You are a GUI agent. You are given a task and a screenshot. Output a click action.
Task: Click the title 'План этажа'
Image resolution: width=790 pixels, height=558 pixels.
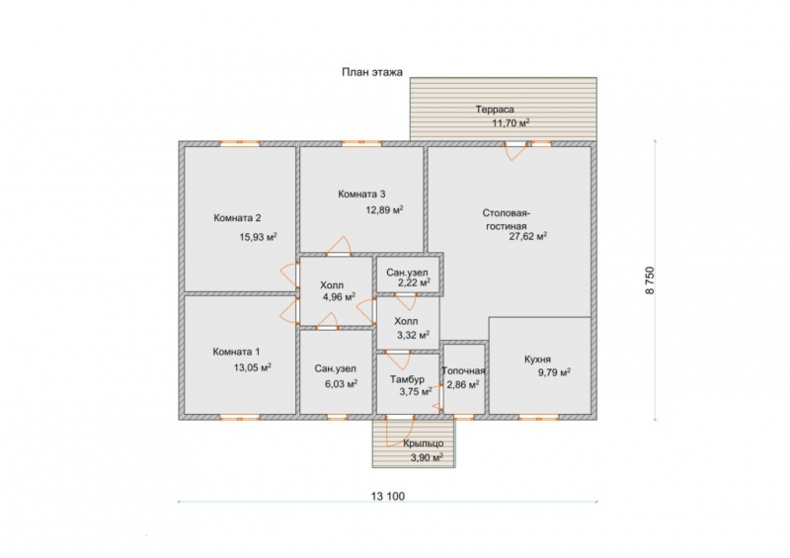(372, 72)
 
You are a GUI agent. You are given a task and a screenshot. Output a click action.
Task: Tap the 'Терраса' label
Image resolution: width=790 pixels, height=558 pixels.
(495, 110)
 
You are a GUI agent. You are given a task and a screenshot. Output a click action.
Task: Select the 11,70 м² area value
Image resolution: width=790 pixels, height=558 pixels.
(511, 122)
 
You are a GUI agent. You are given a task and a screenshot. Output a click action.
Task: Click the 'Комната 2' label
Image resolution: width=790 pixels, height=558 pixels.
(237, 218)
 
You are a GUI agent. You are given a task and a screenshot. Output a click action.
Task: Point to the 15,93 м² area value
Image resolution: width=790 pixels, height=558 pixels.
(259, 237)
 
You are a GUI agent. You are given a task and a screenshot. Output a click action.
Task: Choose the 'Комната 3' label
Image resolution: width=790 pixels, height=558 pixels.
(361, 194)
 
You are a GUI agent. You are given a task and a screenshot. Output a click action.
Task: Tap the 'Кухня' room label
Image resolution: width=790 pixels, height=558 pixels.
(537, 359)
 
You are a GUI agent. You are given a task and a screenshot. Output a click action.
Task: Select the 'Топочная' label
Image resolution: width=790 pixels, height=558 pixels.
(463, 371)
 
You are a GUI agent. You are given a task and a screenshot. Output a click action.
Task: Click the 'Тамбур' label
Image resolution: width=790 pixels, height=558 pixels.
(407, 379)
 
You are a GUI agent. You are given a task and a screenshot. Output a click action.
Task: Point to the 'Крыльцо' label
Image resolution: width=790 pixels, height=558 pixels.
(424, 443)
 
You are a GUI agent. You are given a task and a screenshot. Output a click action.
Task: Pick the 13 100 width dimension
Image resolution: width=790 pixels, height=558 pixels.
(388, 497)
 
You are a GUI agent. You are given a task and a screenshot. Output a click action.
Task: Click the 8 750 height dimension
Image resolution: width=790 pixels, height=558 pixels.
(650, 280)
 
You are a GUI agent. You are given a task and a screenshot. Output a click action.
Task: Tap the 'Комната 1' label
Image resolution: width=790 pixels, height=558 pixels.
(236, 352)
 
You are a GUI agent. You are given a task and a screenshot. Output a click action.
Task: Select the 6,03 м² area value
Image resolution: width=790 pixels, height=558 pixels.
(342, 384)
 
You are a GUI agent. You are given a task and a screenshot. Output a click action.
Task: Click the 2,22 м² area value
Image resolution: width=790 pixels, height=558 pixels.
(414, 282)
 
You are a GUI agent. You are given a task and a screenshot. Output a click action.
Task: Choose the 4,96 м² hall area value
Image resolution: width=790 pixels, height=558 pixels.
(339, 297)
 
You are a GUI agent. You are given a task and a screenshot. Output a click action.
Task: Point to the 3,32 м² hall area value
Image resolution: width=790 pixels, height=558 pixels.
(413, 334)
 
